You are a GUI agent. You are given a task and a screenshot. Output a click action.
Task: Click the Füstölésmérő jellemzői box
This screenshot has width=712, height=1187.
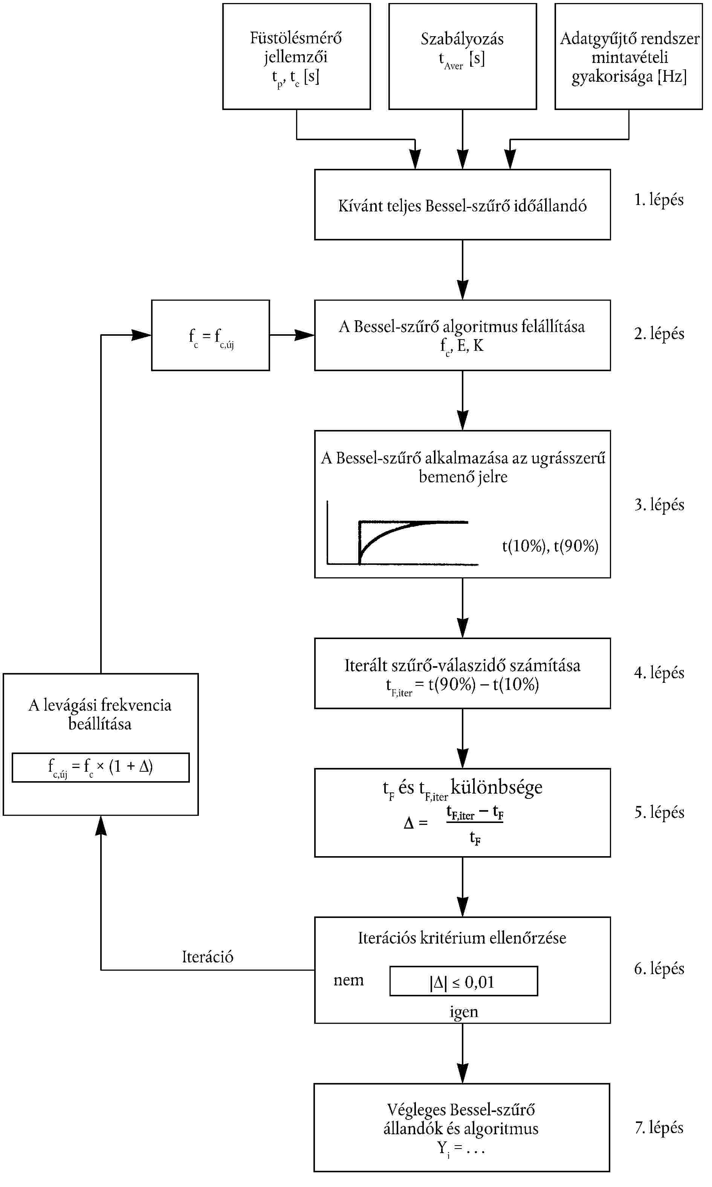(296, 57)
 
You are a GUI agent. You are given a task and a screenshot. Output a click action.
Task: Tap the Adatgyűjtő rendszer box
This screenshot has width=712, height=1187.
(628, 57)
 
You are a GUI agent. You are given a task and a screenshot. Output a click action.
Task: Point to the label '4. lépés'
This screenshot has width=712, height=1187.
(659, 673)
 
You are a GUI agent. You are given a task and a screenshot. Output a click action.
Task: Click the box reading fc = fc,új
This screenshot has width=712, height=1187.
(210, 335)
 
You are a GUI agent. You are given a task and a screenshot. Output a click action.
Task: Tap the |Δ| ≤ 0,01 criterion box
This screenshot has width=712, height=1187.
(463, 982)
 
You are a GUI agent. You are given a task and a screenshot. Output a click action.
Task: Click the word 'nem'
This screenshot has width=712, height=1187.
(348, 980)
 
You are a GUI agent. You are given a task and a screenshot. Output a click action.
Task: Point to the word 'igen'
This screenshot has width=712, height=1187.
(463, 1011)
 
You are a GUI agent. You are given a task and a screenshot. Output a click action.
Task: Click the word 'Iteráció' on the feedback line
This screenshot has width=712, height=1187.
(207, 957)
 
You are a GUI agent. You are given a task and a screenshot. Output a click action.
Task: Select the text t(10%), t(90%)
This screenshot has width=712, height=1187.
(550, 546)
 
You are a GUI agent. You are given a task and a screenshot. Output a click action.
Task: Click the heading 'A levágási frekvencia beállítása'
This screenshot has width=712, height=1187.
(100, 714)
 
